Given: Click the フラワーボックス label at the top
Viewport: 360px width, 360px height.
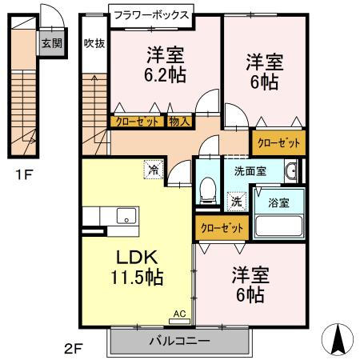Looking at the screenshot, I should coord(150,14).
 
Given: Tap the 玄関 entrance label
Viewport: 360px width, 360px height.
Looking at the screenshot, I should coord(50,43).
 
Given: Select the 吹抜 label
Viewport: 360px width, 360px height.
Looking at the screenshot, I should coord(94,43).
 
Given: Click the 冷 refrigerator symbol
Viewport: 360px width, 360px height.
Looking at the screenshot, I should coord(151,169).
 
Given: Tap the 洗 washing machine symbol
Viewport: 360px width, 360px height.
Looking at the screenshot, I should coord(236,201).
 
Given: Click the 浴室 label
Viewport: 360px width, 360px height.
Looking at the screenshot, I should coord(279,202).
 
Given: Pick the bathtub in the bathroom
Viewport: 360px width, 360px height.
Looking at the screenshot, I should coord(278,225).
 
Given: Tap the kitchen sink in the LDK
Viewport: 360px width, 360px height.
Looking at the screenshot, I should coord(125,215).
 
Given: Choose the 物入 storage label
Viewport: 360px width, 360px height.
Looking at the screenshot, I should coord(179,122).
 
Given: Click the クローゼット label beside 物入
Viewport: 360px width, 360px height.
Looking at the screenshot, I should coord(137,122).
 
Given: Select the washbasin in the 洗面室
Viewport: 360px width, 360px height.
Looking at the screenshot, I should coord(292,170).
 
